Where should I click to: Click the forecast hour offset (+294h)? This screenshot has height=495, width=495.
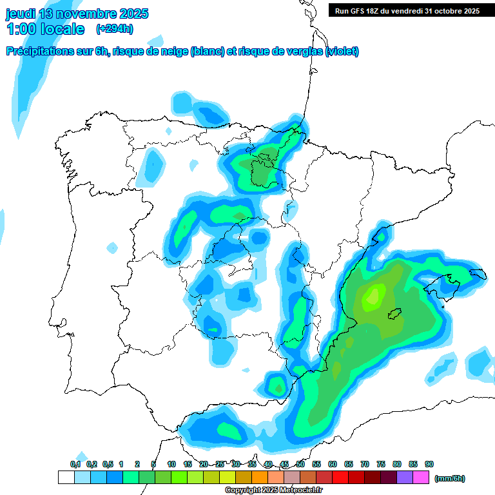pyautogui.click(x=115, y=29)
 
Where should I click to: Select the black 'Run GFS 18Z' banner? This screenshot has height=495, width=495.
pyautogui.click(x=407, y=10)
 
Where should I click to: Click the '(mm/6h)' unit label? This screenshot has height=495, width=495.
pyautogui.click(x=450, y=478)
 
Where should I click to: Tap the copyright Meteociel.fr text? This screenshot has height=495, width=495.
pyautogui.click(x=273, y=490)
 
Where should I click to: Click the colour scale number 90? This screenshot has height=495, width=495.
pyautogui.click(x=429, y=465)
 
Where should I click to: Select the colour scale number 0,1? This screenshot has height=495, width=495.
pyautogui.click(x=75, y=465)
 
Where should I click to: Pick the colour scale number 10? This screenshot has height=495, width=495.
pyautogui.click(x=171, y=465)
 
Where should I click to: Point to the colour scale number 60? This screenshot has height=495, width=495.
pyautogui.click(x=333, y=465)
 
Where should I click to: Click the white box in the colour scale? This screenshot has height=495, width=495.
pyautogui.click(x=66, y=477)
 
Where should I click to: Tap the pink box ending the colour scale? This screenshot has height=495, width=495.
pyautogui.click(x=421, y=477)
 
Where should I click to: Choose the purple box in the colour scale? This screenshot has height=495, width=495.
pyautogui.click(x=405, y=477)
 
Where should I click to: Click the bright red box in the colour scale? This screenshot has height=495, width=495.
pyautogui.click(x=340, y=477)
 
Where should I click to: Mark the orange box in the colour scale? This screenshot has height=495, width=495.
pyautogui.click(x=260, y=477)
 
